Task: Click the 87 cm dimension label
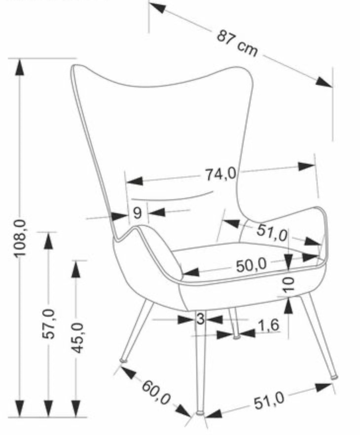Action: (237, 43)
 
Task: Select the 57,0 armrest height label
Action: (49, 324)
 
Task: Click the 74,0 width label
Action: (220, 175)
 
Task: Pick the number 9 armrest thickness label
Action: (137, 213)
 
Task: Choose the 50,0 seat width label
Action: (252, 265)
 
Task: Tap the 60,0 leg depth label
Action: (156, 393)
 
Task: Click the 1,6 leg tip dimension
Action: (268, 325)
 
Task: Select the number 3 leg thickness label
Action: (201, 319)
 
